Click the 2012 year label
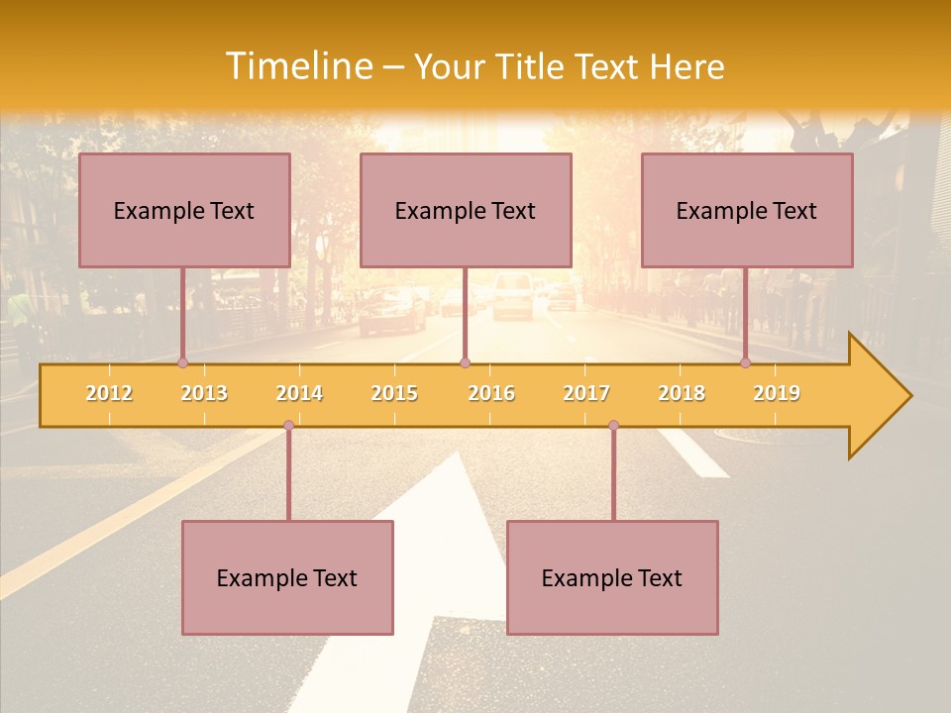pyautogui.click(x=109, y=393)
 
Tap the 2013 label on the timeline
pyautogui.click(x=204, y=393)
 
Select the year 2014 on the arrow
pyautogui.click(x=299, y=393)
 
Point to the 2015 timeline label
pyautogui.click(x=394, y=393)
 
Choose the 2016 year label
pyautogui.click(x=491, y=393)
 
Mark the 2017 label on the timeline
pyautogui.click(x=586, y=393)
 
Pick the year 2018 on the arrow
pyautogui.click(x=682, y=393)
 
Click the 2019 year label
pyautogui.click(x=777, y=393)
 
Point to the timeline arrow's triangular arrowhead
pyautogui.click(x=878, y=396)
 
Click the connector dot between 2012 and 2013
pyautogui.click(x=182, y=362)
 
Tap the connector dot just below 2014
pyautogui.click(x=288, y=426)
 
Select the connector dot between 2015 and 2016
pyautogui.click(x=466, y=362)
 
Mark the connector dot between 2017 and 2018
pyautogui.click(x=613, y=426)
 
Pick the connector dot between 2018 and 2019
pyautogui.click(x=745, y=362)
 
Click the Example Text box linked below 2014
pyautogui.click(x=287, y=577)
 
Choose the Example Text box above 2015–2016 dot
pyautogui.click(x=466, y=210)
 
